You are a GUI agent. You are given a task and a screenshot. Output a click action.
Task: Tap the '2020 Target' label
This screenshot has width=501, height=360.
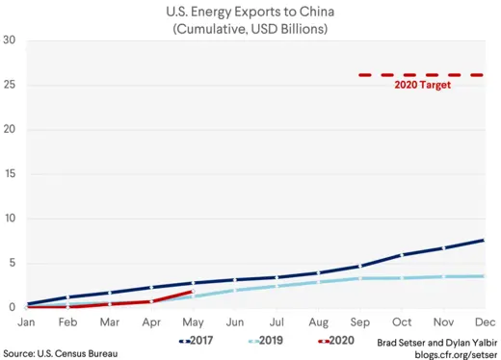423,85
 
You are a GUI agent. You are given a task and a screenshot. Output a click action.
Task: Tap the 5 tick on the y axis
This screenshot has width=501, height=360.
12,264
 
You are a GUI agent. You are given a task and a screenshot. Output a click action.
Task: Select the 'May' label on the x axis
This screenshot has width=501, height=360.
193,321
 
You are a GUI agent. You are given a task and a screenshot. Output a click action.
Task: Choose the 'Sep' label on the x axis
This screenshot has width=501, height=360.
358,321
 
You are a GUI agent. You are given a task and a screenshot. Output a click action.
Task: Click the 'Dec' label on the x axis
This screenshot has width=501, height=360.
483,321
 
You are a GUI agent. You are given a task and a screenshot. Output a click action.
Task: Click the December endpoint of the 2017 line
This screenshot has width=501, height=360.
483,241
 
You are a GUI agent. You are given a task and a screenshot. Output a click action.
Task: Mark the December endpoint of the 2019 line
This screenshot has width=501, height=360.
483,276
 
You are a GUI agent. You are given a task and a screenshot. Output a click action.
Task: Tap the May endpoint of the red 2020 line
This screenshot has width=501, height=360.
193,291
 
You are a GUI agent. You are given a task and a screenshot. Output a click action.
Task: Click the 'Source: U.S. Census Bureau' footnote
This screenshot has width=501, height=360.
60,353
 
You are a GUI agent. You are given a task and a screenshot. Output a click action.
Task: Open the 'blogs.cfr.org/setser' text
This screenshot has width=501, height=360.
455,353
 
